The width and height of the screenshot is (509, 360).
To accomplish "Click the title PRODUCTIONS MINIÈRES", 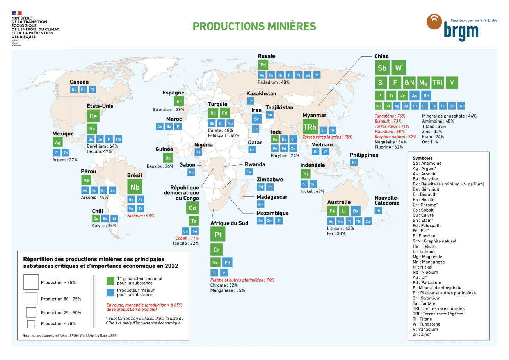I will [x=254, y=26].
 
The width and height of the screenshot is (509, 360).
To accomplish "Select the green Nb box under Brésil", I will [x=135, y=187].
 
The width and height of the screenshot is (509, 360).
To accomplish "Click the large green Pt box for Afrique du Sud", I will [x=218, y=235].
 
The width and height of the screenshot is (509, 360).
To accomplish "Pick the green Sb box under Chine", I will [x=382, y=68].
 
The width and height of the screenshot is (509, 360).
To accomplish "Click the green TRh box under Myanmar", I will [x=310, y=127].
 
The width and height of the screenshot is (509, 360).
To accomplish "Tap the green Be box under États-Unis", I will [x=93, y=116].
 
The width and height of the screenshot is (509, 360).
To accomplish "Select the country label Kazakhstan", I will [x=261, y=94].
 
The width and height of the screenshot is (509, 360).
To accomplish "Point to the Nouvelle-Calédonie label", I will [x=387, y=200].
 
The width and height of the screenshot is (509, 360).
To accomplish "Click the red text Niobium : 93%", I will [x=141, y=216].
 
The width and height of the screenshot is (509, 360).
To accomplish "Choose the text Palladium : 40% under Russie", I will [x=273, y=82].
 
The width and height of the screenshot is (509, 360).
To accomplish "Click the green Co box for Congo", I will [x=192, y=208].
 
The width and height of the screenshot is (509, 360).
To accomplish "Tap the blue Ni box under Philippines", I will [x=354, y=162].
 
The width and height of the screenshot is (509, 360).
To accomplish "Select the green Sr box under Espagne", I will [x=179, y=101].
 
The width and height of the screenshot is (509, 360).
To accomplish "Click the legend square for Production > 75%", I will [x=31, y=282].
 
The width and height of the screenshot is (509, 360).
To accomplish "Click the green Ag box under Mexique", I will [x=58, y=143].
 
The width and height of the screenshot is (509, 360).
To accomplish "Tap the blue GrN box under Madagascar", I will [x=261, y=204].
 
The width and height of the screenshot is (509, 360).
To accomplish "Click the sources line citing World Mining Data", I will [x=69, y=335].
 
